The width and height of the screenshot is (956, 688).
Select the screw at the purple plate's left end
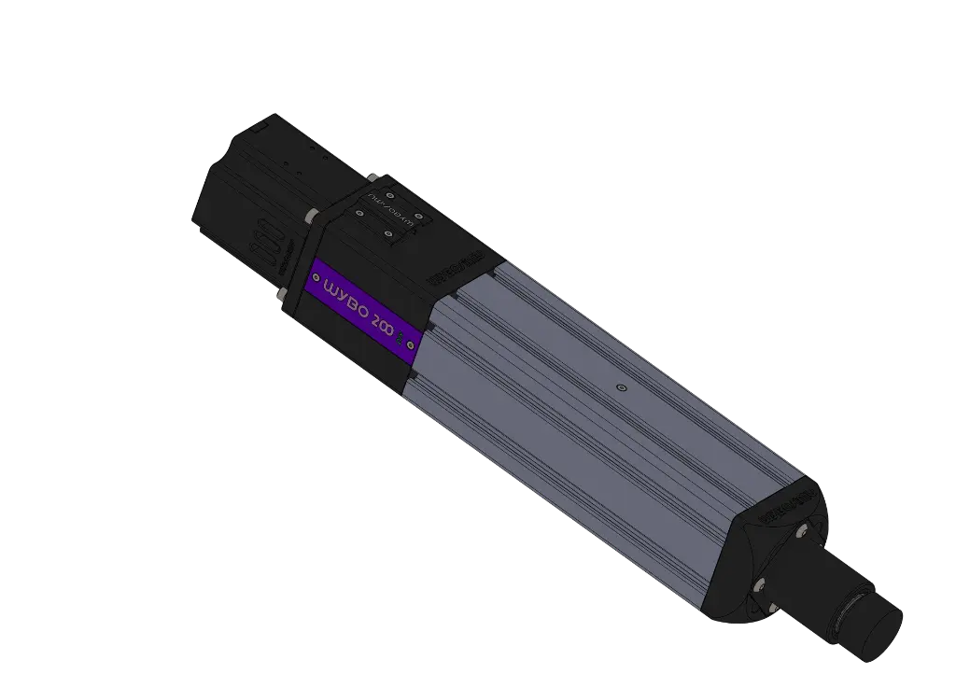(316, 279)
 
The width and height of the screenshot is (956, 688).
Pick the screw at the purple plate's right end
(410, 342)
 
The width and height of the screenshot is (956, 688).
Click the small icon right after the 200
(401, 334)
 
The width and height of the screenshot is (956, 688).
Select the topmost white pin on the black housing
(373, 176)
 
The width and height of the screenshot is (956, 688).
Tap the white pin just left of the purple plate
(282, 294)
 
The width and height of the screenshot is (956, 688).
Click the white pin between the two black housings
(307, 217)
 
